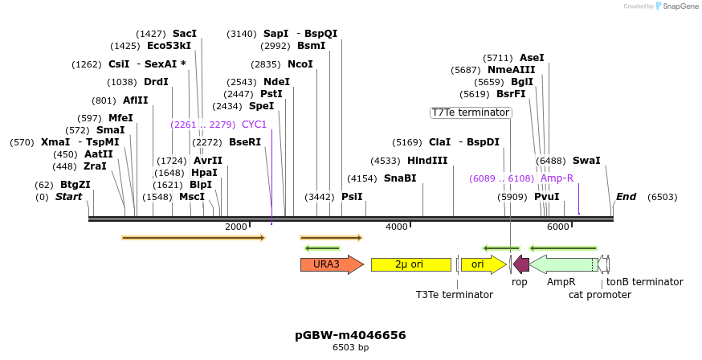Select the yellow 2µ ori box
pos(410,264)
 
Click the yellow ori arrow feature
pos(483,264)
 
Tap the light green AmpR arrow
pos(564,264)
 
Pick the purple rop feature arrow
pos(521,264)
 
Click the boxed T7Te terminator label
pos(471,112)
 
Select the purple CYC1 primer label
pos(254,125)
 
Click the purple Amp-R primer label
pos(557,178)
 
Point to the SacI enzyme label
pos(185,34)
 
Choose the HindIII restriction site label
pos(427,161)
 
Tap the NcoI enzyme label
pos(300,64)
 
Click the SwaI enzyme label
pos(586,161)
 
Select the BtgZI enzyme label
pos(75,185)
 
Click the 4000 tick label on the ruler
pos(397,227)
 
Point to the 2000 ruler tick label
pos(236,227)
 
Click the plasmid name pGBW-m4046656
pos(350,335)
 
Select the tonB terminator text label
pos(644,282)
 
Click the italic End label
pos(626,197)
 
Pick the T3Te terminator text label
pos(455,295)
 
